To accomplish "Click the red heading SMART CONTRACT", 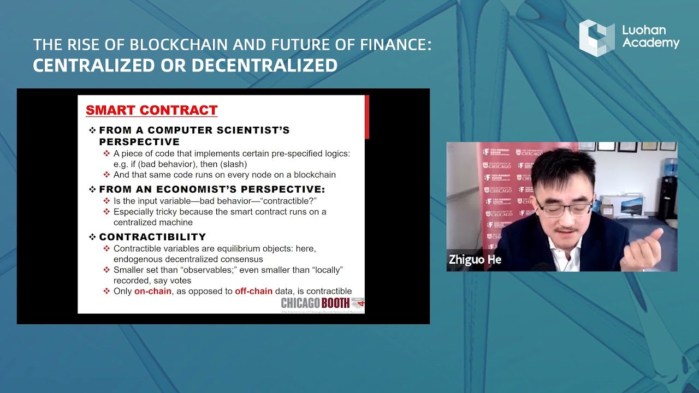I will pyautogui.click(x=152, y=110).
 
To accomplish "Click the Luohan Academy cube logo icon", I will pyautogui.click(x=596, y=38).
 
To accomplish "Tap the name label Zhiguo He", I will pyautogui.click(x=475, y=260).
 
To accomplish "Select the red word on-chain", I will pyautogui.click(x=153, y=291).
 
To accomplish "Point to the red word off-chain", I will pyautogui.click(x=253, y=291).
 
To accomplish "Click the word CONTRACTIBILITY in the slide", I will pyautogui.click(x=152, y=237).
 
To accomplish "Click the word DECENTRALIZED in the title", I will pyautogui.click(x=264, y=65).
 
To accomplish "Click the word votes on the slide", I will pyautogui.click(x=180, y=281).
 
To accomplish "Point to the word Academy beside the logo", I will pyautogui.click(x=651, y=43).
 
